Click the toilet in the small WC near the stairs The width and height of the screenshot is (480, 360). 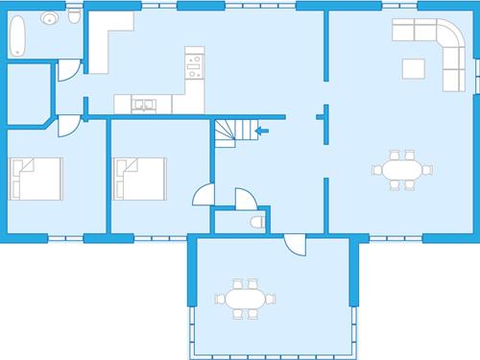[256, 222]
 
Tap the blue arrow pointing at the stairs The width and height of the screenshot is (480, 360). [263, 130]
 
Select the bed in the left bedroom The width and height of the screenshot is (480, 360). [35, 178]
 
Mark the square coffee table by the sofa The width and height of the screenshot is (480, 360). [413, 69]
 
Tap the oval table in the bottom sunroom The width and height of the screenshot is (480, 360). [241, 299]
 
